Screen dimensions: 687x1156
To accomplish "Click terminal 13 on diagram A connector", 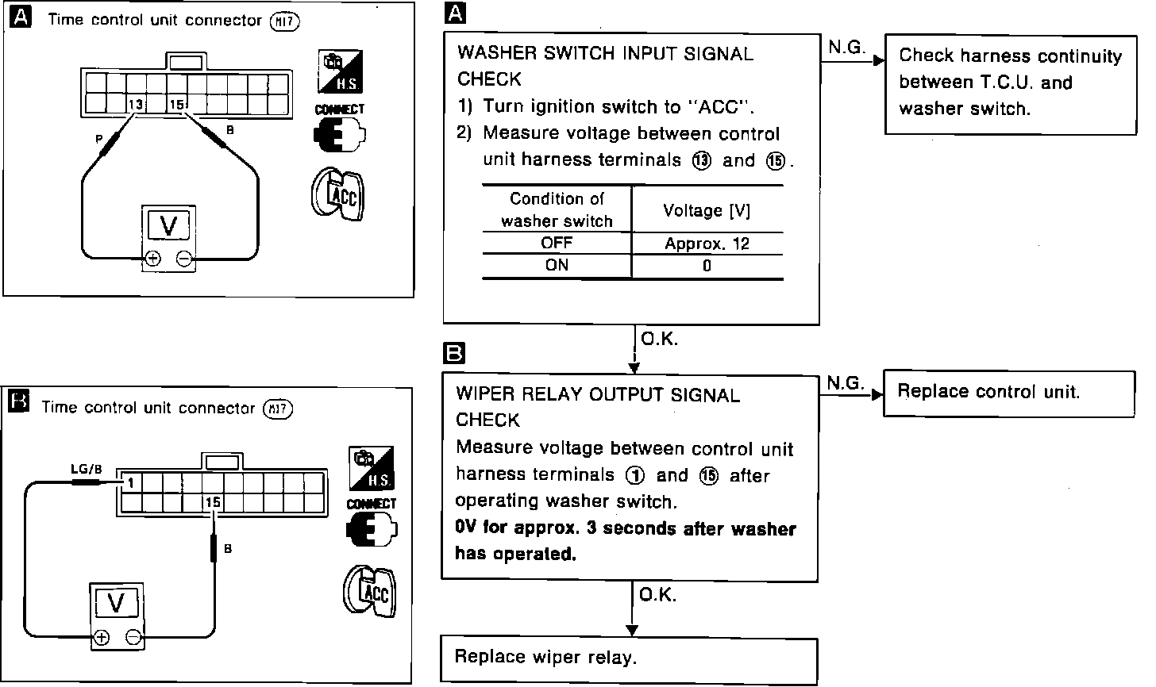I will pyautogui.click(x=137, y=104).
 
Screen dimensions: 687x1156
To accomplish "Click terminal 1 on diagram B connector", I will pyautogui.click(x=128, y=482).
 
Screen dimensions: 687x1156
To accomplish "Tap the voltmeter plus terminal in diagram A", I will pyautogui.click(x=152, y=259).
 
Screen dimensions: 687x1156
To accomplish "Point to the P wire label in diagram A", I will pyautogui.click(x=99, y=139).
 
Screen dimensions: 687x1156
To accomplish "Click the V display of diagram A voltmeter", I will pyautogui.click(x=169, y=227).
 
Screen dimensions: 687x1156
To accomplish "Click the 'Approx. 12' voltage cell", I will pyautogui.click(x=707, y=244).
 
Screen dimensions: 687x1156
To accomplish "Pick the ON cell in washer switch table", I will pyautogui.click(x=557, y=266).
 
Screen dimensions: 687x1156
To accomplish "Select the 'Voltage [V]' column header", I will pyautogui.click(x=707, y=210).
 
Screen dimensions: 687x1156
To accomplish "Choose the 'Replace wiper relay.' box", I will pyautogui.click(x=629, y=657).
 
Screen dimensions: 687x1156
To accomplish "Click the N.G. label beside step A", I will pyautogui.click(x=846, y=48).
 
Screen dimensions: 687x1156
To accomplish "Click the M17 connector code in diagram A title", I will pyautogui.click(x=283, y=21).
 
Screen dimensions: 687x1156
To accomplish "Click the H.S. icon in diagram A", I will pyautogui.click(x=341, y=73).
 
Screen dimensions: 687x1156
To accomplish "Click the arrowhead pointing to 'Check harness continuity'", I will pyautogui.click(x=878, y=60).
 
